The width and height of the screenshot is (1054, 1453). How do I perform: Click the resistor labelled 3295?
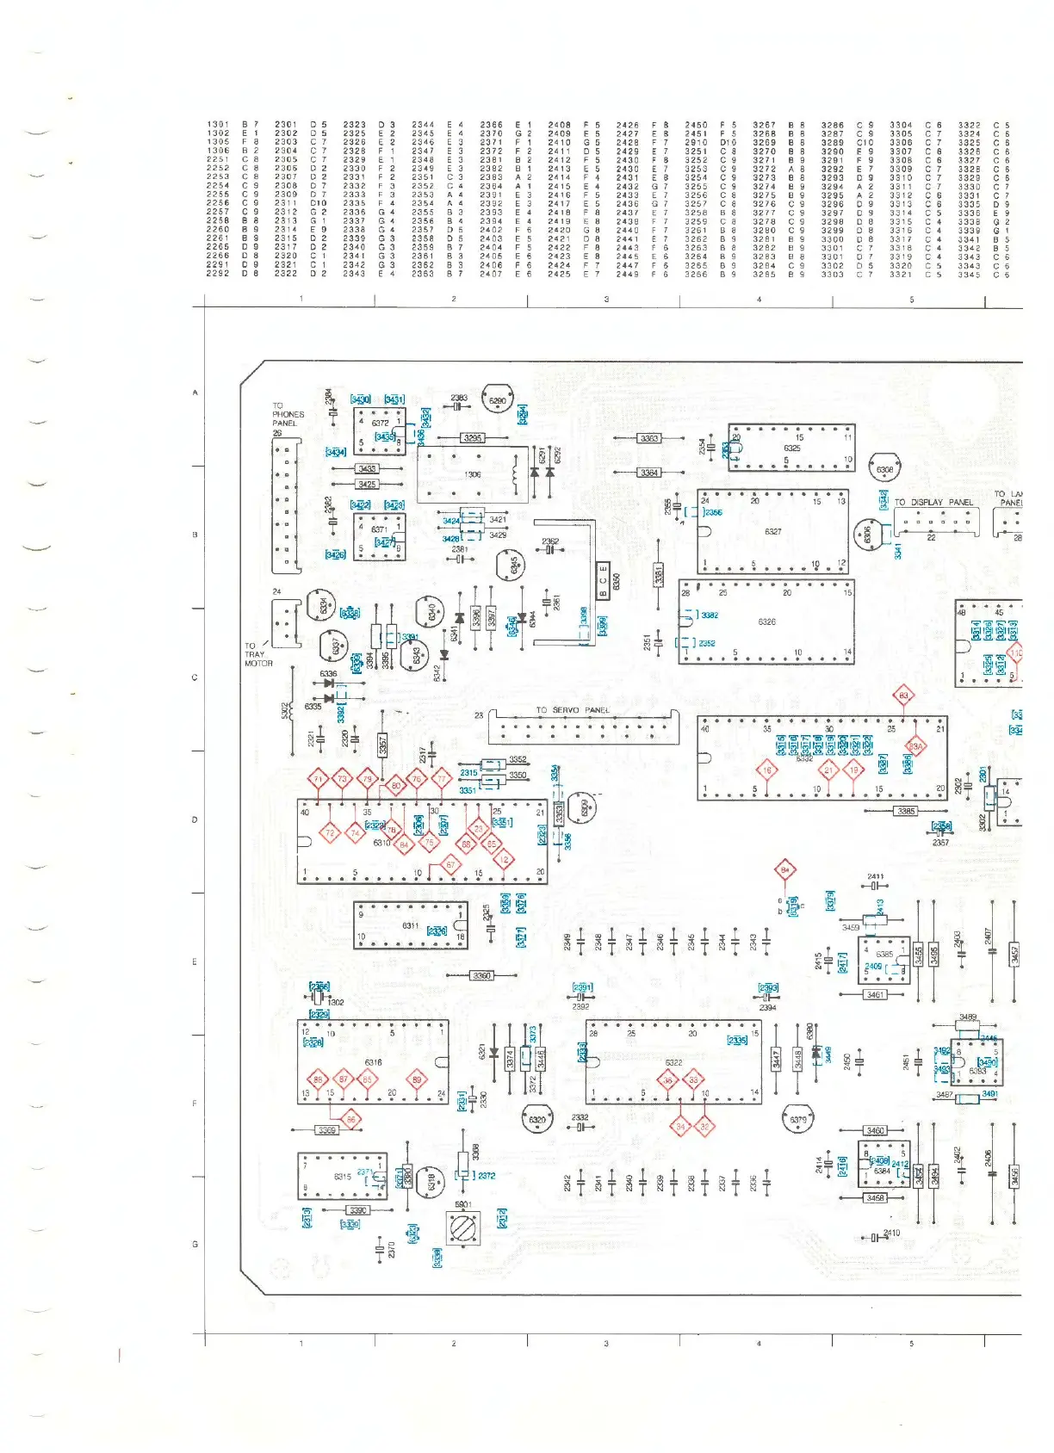tap(473, 438)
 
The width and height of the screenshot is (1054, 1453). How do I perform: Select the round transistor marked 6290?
tap(498, 400)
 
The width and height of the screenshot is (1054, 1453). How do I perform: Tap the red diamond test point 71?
tap(319, 780)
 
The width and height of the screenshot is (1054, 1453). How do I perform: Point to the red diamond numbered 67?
tap(450, 865)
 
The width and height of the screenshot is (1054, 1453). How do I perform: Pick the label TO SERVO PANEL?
tap(572, 710)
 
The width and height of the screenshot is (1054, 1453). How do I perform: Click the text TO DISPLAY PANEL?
tap(933, 503)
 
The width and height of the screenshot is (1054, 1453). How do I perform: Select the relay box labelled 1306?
tap(473, 474)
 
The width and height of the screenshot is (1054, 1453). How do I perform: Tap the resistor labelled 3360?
tap(481, 975)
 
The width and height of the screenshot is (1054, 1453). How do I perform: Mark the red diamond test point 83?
tap(903, 696)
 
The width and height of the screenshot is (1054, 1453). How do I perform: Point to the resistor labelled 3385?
tap(906, 811)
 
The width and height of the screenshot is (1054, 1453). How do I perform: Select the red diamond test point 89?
tap(418, 1079)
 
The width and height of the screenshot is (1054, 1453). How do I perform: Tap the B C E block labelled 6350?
tap(604, 581)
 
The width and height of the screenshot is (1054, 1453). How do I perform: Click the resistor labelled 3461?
tap(875, 995)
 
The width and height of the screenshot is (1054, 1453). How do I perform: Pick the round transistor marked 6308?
tap(884, 470)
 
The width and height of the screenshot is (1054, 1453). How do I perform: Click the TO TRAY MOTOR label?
tap(257, 654)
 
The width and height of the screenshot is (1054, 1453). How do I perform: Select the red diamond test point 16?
tap(766, 770)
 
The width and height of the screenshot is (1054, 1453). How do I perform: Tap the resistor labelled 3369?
tap(326, 1130)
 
